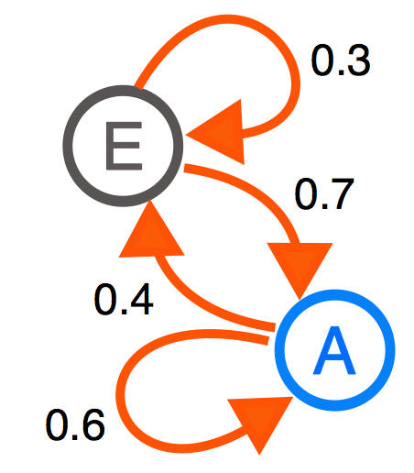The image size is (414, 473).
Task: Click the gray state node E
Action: pyautogui.click(x=123, y=146)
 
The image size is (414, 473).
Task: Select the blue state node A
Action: pyautogui.click(x=334, y=350)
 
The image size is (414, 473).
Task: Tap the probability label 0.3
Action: pyautogui.click(x=341, y=60)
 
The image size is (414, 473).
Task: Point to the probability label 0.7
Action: pyautogui.click(x=324, y=193)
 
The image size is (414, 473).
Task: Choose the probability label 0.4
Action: pyautogui.click(x=124, y=300)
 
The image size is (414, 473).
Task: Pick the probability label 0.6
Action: pyautogui.click(x=75, y=424)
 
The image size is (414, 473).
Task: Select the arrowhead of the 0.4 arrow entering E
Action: pyautogui.click(x=150, y=232)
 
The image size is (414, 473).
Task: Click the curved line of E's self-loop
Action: pyautogui.click(x=232, y=19)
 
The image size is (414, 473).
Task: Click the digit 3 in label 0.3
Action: pyautogui.click(x=357, y=60)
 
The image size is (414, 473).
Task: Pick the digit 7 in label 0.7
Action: pyautogui.click(x=341, y=193)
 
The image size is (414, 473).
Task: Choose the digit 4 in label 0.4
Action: pyautogui.click(x=140, y=300)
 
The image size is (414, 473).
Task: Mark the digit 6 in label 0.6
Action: pyautogui.click(x=92, y=424)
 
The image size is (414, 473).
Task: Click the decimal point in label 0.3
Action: pyautogui.click(x=339, y=72)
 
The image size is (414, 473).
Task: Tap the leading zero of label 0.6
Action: pyautogui.click(x=58, y=424)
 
